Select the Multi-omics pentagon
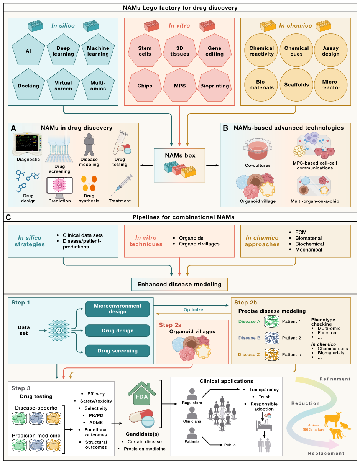tap(98, 86)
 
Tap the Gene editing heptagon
tap(215, 51)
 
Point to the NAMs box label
tap(180, 156)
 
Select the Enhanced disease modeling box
tap(179, 285)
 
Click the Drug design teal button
tap(117, 331)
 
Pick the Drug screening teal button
tap(117, 350)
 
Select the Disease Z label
tap(247, 355)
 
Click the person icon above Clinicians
tap(191, 412)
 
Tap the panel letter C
tap(8, 217)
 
